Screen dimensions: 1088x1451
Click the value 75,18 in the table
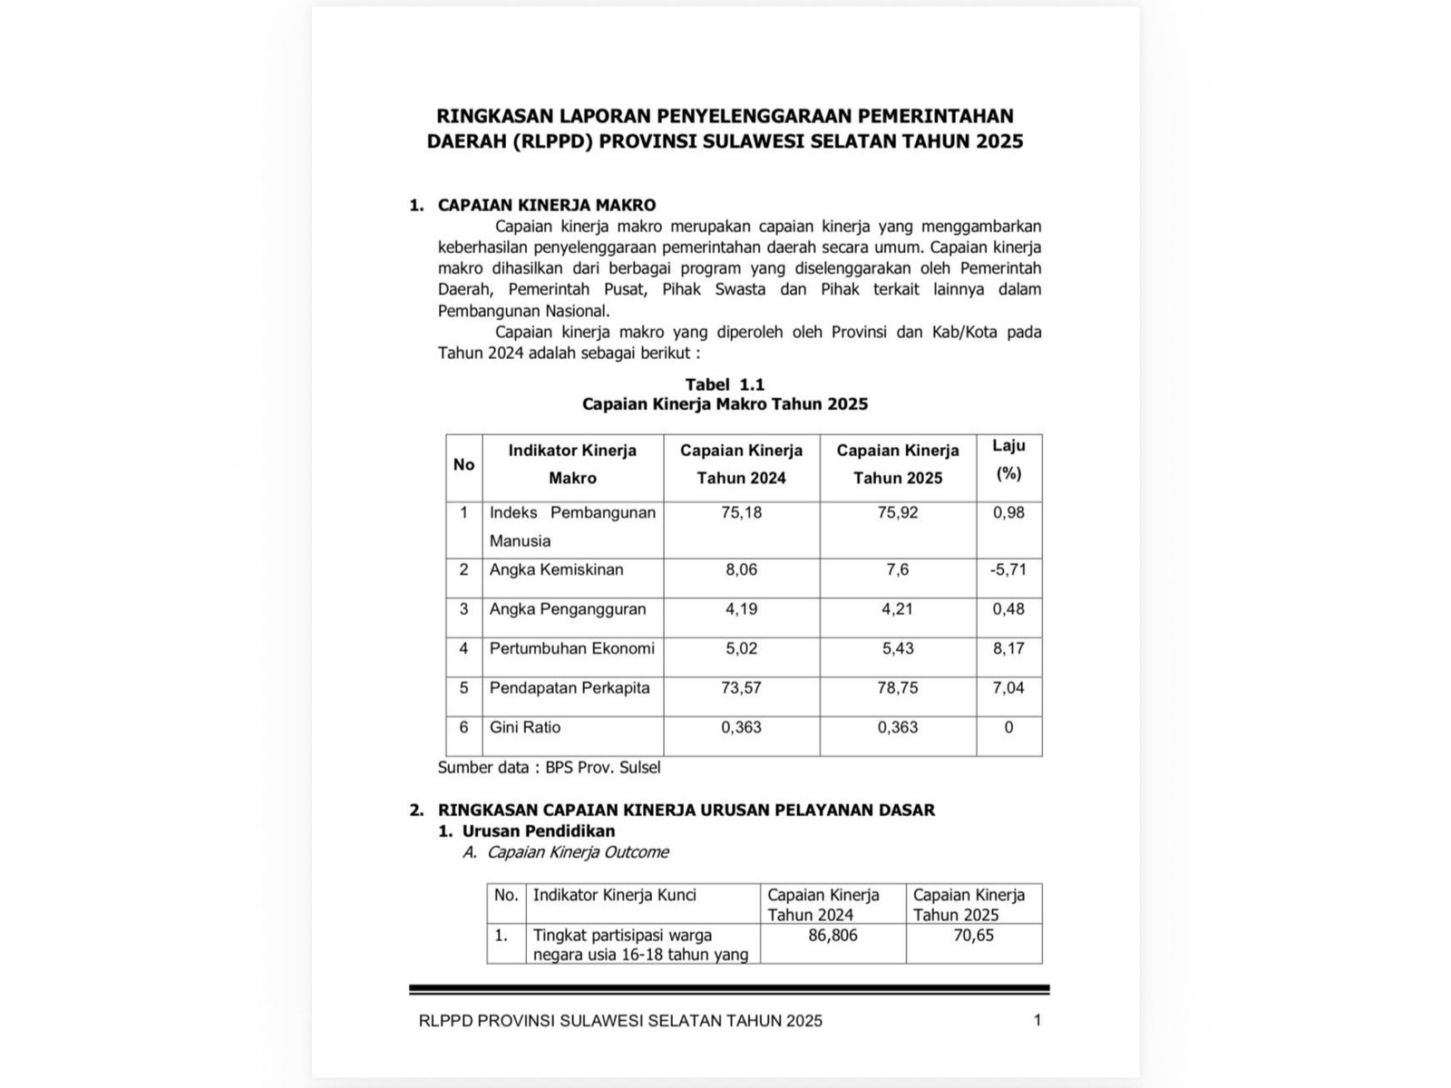pyautogui.click(x=741, y=513)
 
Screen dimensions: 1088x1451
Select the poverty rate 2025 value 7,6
pyautogui.click(x=897, y=570)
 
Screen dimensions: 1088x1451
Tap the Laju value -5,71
pyautogui.click(x=1008, y=570)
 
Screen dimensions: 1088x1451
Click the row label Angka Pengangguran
pyautogui.click(x=568, y=609)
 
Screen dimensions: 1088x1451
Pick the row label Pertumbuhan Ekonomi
pyautogui.click(x=571, y=648)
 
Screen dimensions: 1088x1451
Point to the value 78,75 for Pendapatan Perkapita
pyautogui.click(x=897, y=688)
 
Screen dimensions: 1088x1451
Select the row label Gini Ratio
pyautogui.click(x=525, y=727)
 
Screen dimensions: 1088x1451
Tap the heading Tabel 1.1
pyautogui.click(x=725, y=384)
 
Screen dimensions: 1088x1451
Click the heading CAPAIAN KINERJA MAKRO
pyautogui.click(x=546, y=205)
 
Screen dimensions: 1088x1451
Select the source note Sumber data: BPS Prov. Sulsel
pyautogui.click(x=549, y=768)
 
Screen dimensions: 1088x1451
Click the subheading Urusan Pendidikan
pyautogui.click(x=539, y=831)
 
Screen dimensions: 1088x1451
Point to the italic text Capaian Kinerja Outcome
pyautogui.click(x=578, y=852)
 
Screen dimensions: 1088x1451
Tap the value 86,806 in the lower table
pyautogui.click(x=832, y=935)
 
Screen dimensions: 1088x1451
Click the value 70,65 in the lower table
pyautogui.click(x=973, y=935)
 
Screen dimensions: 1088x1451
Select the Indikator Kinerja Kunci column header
pyautogui.click(x=614, y=895)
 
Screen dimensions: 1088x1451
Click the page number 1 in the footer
pyautogui.click(x=1037, y=1020)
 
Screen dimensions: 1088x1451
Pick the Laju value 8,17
pyautogui.click(x=1008, y=648)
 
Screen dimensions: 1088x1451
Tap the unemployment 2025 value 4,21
pyautogui.click(x=897, y=609)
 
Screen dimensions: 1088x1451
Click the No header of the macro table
pyautogui.click(x=463, y=465)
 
